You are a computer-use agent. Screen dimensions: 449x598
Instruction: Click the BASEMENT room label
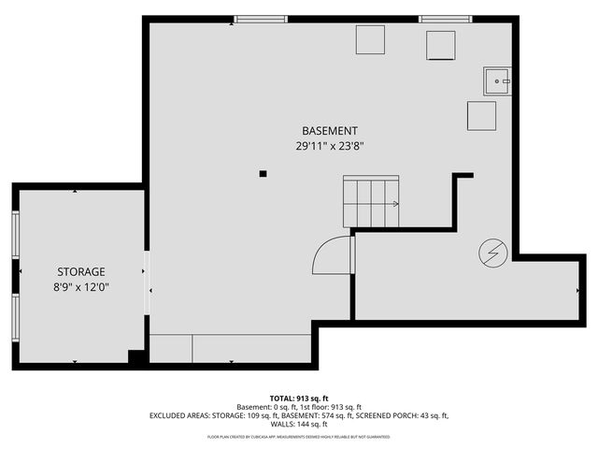tap(329, 130)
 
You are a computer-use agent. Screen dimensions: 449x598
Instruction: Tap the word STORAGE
tap(78, 271)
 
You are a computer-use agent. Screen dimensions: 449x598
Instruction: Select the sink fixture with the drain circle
tap(497, 82)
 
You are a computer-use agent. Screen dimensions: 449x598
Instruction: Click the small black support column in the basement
tap(263, 173)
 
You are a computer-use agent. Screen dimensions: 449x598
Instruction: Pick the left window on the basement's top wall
tap(261, 19)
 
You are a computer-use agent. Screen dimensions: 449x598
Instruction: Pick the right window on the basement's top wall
tap(445, 19)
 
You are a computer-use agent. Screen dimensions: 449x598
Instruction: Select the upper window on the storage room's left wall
tap(15, 234)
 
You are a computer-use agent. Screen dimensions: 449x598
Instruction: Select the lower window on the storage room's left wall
tap(15, 319)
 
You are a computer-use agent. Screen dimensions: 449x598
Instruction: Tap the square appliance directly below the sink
tap(481, 115)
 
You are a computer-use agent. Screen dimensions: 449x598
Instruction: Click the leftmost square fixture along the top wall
tap(370, 41)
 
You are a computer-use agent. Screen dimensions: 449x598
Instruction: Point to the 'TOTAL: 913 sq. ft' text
tap(299, 398)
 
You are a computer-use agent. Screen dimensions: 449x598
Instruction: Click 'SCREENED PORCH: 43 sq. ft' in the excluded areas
tap(406, 416)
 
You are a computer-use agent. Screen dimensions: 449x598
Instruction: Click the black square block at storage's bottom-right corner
tap(136, 356)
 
